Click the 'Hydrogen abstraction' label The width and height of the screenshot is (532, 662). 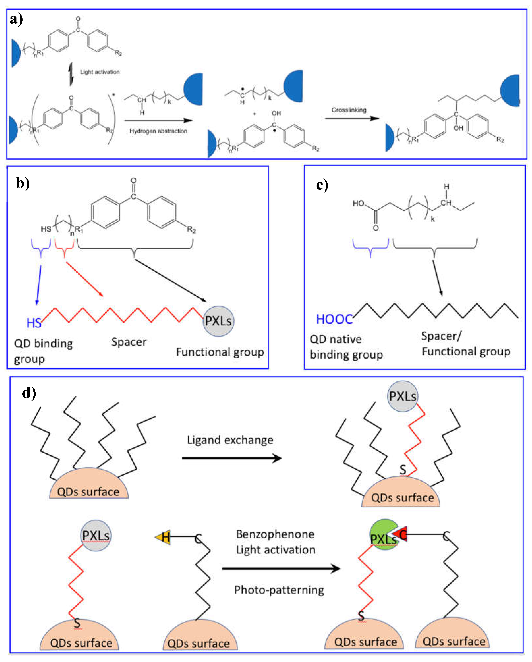(x=158, y=131)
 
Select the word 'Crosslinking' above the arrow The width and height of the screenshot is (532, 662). (x=349, y=110)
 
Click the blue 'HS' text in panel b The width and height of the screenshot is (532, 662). (x=34, y=323)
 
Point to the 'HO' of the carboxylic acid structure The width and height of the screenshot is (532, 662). (x=358, y=203)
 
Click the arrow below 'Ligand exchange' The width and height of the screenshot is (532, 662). (x=232, y=458)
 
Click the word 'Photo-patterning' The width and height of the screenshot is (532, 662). (x=279, y=590)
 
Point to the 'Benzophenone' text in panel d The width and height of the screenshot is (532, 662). (x=275, y=534)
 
